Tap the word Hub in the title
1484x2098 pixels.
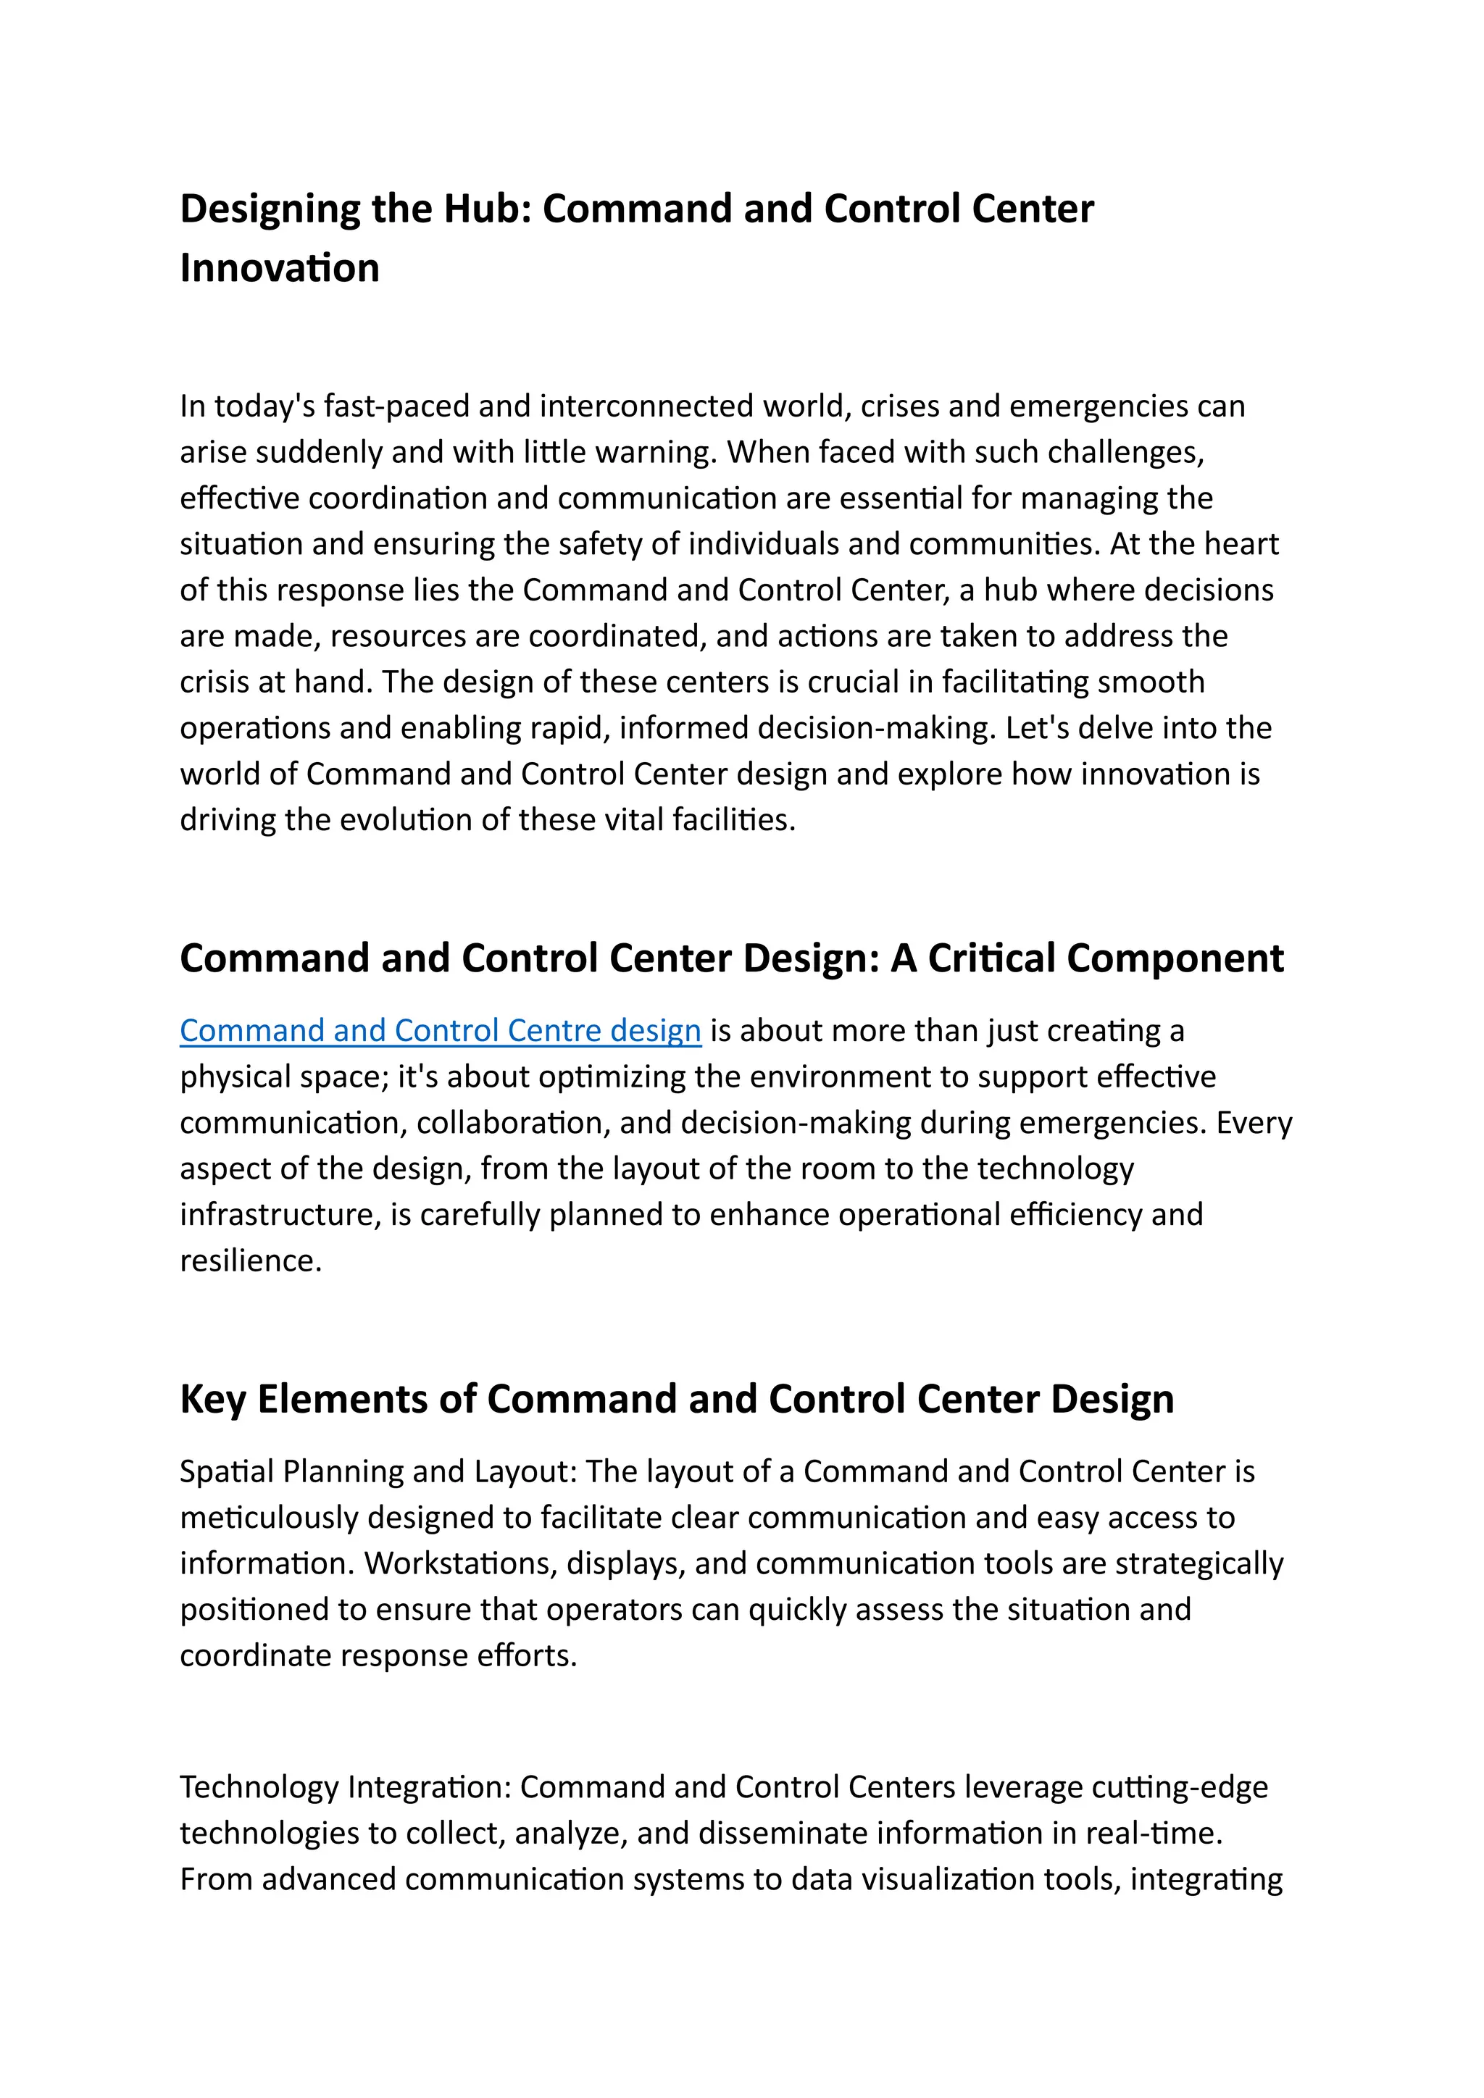483,209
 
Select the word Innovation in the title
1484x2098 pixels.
280,269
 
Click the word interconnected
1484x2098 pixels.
647,406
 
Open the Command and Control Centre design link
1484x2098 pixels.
440,1031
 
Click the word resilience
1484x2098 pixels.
251,1261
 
